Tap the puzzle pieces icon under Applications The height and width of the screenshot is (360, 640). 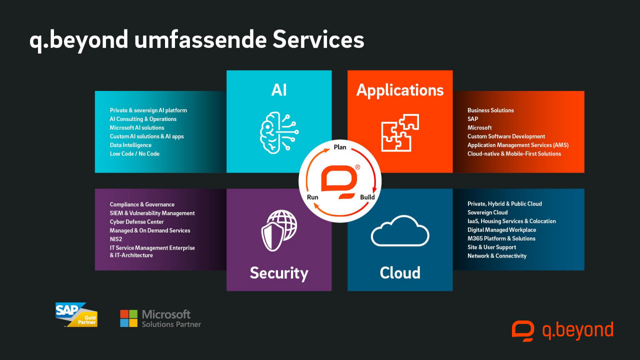pos(400,132)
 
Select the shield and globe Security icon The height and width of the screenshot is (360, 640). pos(278,229)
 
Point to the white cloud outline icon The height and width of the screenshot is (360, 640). pos(400,230)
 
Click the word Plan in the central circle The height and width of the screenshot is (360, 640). pos(340,147)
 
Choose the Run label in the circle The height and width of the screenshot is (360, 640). pos(312,197)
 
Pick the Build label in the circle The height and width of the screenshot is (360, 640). pos(367,197)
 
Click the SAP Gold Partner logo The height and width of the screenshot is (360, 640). pos(76,315)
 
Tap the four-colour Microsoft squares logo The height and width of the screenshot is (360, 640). pos(128,318)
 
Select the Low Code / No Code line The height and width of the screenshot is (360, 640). pos(134,153)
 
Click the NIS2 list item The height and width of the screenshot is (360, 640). pos(115,239)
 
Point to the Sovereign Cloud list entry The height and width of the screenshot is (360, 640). pos(487,212)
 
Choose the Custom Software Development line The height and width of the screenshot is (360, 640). pos(506,136)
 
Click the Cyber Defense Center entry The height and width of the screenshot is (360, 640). pos(136,221)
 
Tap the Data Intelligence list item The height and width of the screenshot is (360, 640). pos(130,145)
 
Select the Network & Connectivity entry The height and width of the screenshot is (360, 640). pos(497,255)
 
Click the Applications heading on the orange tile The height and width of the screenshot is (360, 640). pos(400,90)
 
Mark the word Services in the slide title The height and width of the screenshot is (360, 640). pos(318,40)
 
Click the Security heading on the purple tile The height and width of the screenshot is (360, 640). pos(279,273)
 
